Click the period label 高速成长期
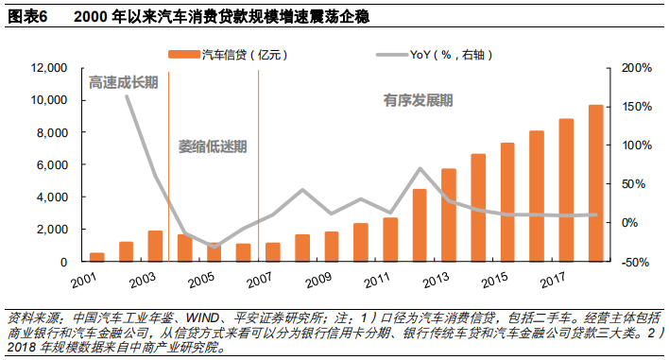pos(123,83)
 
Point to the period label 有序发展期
pos(418,98)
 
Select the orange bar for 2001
pos(97,257)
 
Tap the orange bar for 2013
pos(449,214)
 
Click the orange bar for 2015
pos(507,201)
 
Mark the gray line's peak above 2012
pos(420,168)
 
